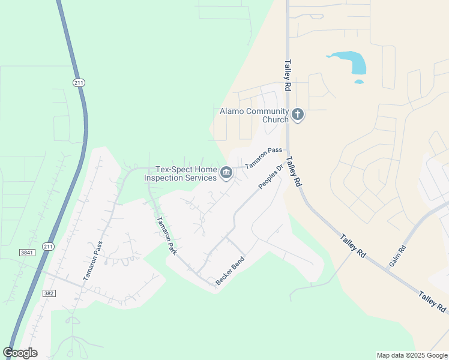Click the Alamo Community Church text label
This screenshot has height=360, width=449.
(x=255, y=115)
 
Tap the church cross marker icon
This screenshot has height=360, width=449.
(x=298, y=114)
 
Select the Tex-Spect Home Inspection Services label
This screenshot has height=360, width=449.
(x=186, y=173)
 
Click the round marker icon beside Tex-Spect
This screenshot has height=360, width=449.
(x=226, y=173)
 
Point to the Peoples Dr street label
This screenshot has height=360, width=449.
(x=271, y=177)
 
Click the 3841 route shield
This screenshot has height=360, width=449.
(x=26, y=253)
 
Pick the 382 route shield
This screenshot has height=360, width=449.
(x=49, y=293)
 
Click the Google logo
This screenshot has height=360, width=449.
(x=20, y=353)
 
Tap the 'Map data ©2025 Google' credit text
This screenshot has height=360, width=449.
(x=412, y=355)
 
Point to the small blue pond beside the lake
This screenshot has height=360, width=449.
(x=359, y=82)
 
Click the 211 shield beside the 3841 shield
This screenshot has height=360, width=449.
(x=49, y=246)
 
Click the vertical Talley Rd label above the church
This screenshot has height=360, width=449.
(x=288, y=75)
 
